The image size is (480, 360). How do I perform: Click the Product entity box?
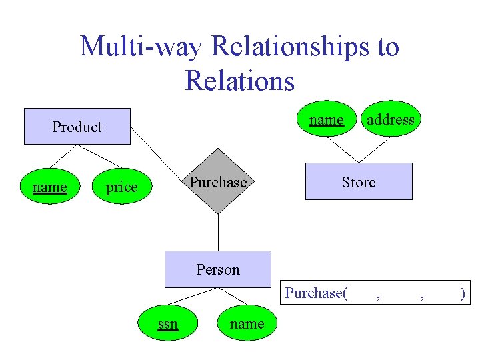click(77, 126)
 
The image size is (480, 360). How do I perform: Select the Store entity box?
click(359, 181)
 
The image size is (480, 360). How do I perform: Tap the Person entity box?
click(218, 269)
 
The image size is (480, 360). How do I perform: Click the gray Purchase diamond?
click(218, 182)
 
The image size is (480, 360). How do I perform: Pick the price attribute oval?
click(122, 187)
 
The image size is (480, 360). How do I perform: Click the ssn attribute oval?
click(167, 324)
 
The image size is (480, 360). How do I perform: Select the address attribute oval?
click(390, 120)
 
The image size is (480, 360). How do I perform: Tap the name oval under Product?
click(50, 187)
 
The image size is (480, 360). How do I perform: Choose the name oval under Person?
click(247, 324)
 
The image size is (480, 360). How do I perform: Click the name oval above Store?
click(326, 120)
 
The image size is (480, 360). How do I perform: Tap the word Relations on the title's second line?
click(240, 81)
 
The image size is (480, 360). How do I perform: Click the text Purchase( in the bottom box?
click(317, 293)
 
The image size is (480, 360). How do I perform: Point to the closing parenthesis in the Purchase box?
click(463, 293)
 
